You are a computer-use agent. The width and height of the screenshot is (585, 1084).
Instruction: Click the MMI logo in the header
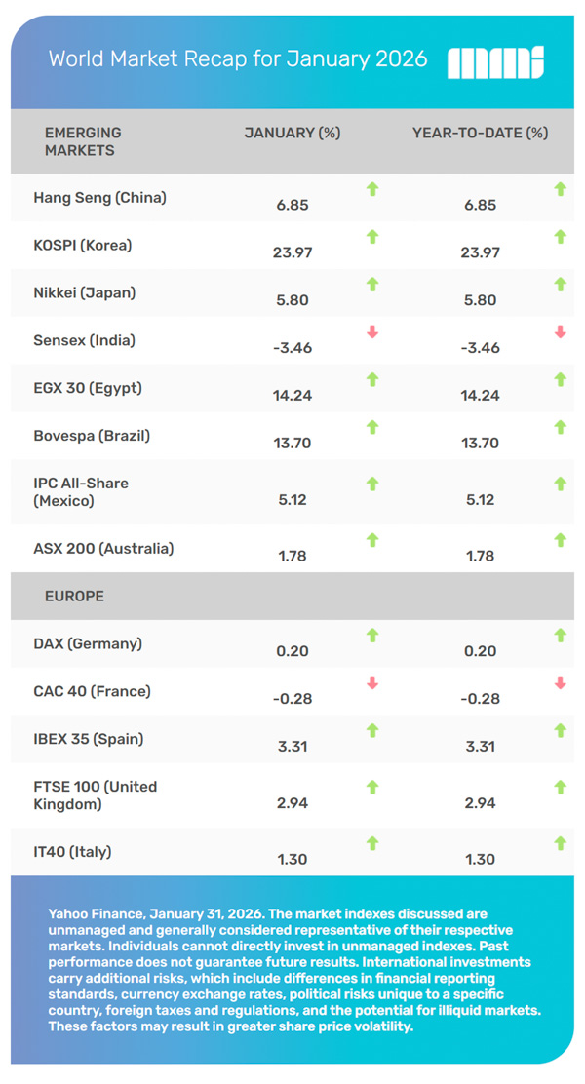pyautogui.click(x=494, y=61)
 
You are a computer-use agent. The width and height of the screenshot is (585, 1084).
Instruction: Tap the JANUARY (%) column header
pyautogui.click(x=292, y=133)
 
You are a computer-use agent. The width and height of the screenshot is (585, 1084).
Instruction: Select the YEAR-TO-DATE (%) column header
pyautogui.click(x=481, y=133)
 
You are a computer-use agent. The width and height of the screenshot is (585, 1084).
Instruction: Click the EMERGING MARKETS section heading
pyautogui.click(x=83, y=141)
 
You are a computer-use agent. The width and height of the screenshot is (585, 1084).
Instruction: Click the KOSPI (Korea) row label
pyautogui.click(x=82, y=245)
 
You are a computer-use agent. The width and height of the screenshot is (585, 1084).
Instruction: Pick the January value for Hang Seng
pyautogui.click(x=292, y=206)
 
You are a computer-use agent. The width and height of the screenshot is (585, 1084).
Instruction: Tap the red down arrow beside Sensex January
pyautogui.click(x=371, y=332)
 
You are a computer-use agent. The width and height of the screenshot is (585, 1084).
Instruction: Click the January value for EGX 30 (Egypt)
pyautogui.click(x=292, y=396)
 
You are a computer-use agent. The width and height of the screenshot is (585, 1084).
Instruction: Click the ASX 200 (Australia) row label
pyautogui.click(x=103, y=548)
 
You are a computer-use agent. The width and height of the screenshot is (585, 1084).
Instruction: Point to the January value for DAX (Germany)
pyautogui.click(x=292, y=651)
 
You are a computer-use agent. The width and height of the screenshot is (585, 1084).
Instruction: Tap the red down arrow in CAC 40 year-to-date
pyautogui.click(x=560, y=682)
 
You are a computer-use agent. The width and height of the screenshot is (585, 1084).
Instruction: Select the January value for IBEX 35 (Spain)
pyautogui.click(x=292, y=747)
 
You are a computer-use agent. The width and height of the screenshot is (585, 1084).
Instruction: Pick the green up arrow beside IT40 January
pyautogui.click(x=371, y=843)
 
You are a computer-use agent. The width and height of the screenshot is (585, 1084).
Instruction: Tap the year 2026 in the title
pyautogui.click(x=401, y=59)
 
